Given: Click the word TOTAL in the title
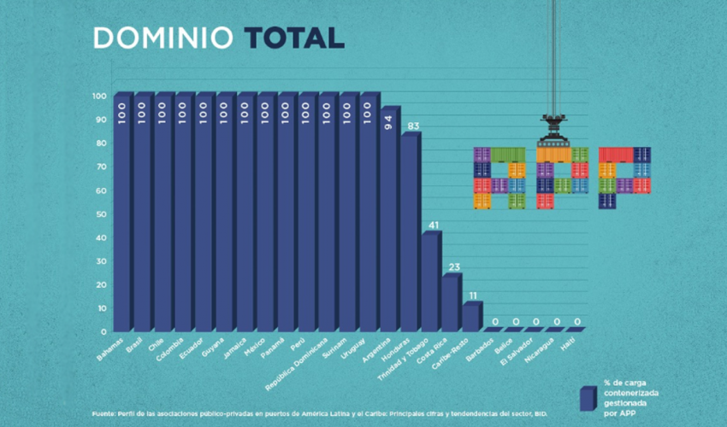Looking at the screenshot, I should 293,38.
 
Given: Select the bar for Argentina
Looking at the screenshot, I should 389,222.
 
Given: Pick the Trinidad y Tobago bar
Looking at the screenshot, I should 430,282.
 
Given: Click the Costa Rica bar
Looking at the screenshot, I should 451,303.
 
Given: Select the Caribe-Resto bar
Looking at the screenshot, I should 471,317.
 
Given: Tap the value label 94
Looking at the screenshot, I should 389,125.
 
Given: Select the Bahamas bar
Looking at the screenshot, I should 122,213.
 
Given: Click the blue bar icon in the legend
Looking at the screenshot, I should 587,398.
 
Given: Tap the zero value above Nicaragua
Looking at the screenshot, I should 557,322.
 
